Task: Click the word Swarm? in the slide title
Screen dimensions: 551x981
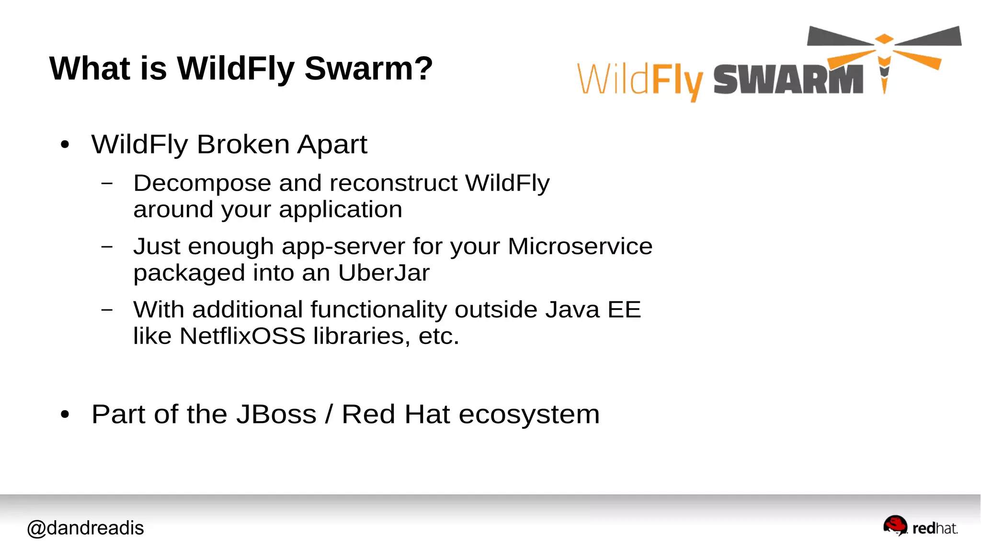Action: click(368, 69)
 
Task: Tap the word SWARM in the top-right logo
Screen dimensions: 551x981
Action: click(788, 80)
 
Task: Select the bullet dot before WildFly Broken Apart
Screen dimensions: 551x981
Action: click(65, 144)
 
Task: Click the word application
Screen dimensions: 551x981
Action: click(340, 210)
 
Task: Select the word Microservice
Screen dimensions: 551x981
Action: click(580, 247)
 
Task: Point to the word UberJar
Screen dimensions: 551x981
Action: click(384, 273)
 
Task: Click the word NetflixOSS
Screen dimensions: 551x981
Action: click(242, 336)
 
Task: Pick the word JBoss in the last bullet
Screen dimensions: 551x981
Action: click(276, 414)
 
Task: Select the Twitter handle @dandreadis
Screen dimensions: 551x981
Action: click(85, 528)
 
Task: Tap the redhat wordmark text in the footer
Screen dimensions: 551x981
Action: click(935, 528)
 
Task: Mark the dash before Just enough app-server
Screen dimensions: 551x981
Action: click(107, 247)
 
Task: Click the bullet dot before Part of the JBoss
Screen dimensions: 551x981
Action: click(65, 414)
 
